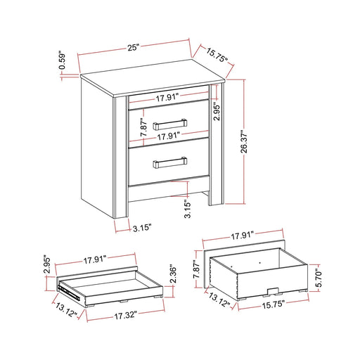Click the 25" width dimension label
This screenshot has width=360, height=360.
133,47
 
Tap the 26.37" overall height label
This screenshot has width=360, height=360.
243,142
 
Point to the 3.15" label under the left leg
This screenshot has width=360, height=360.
141,229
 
